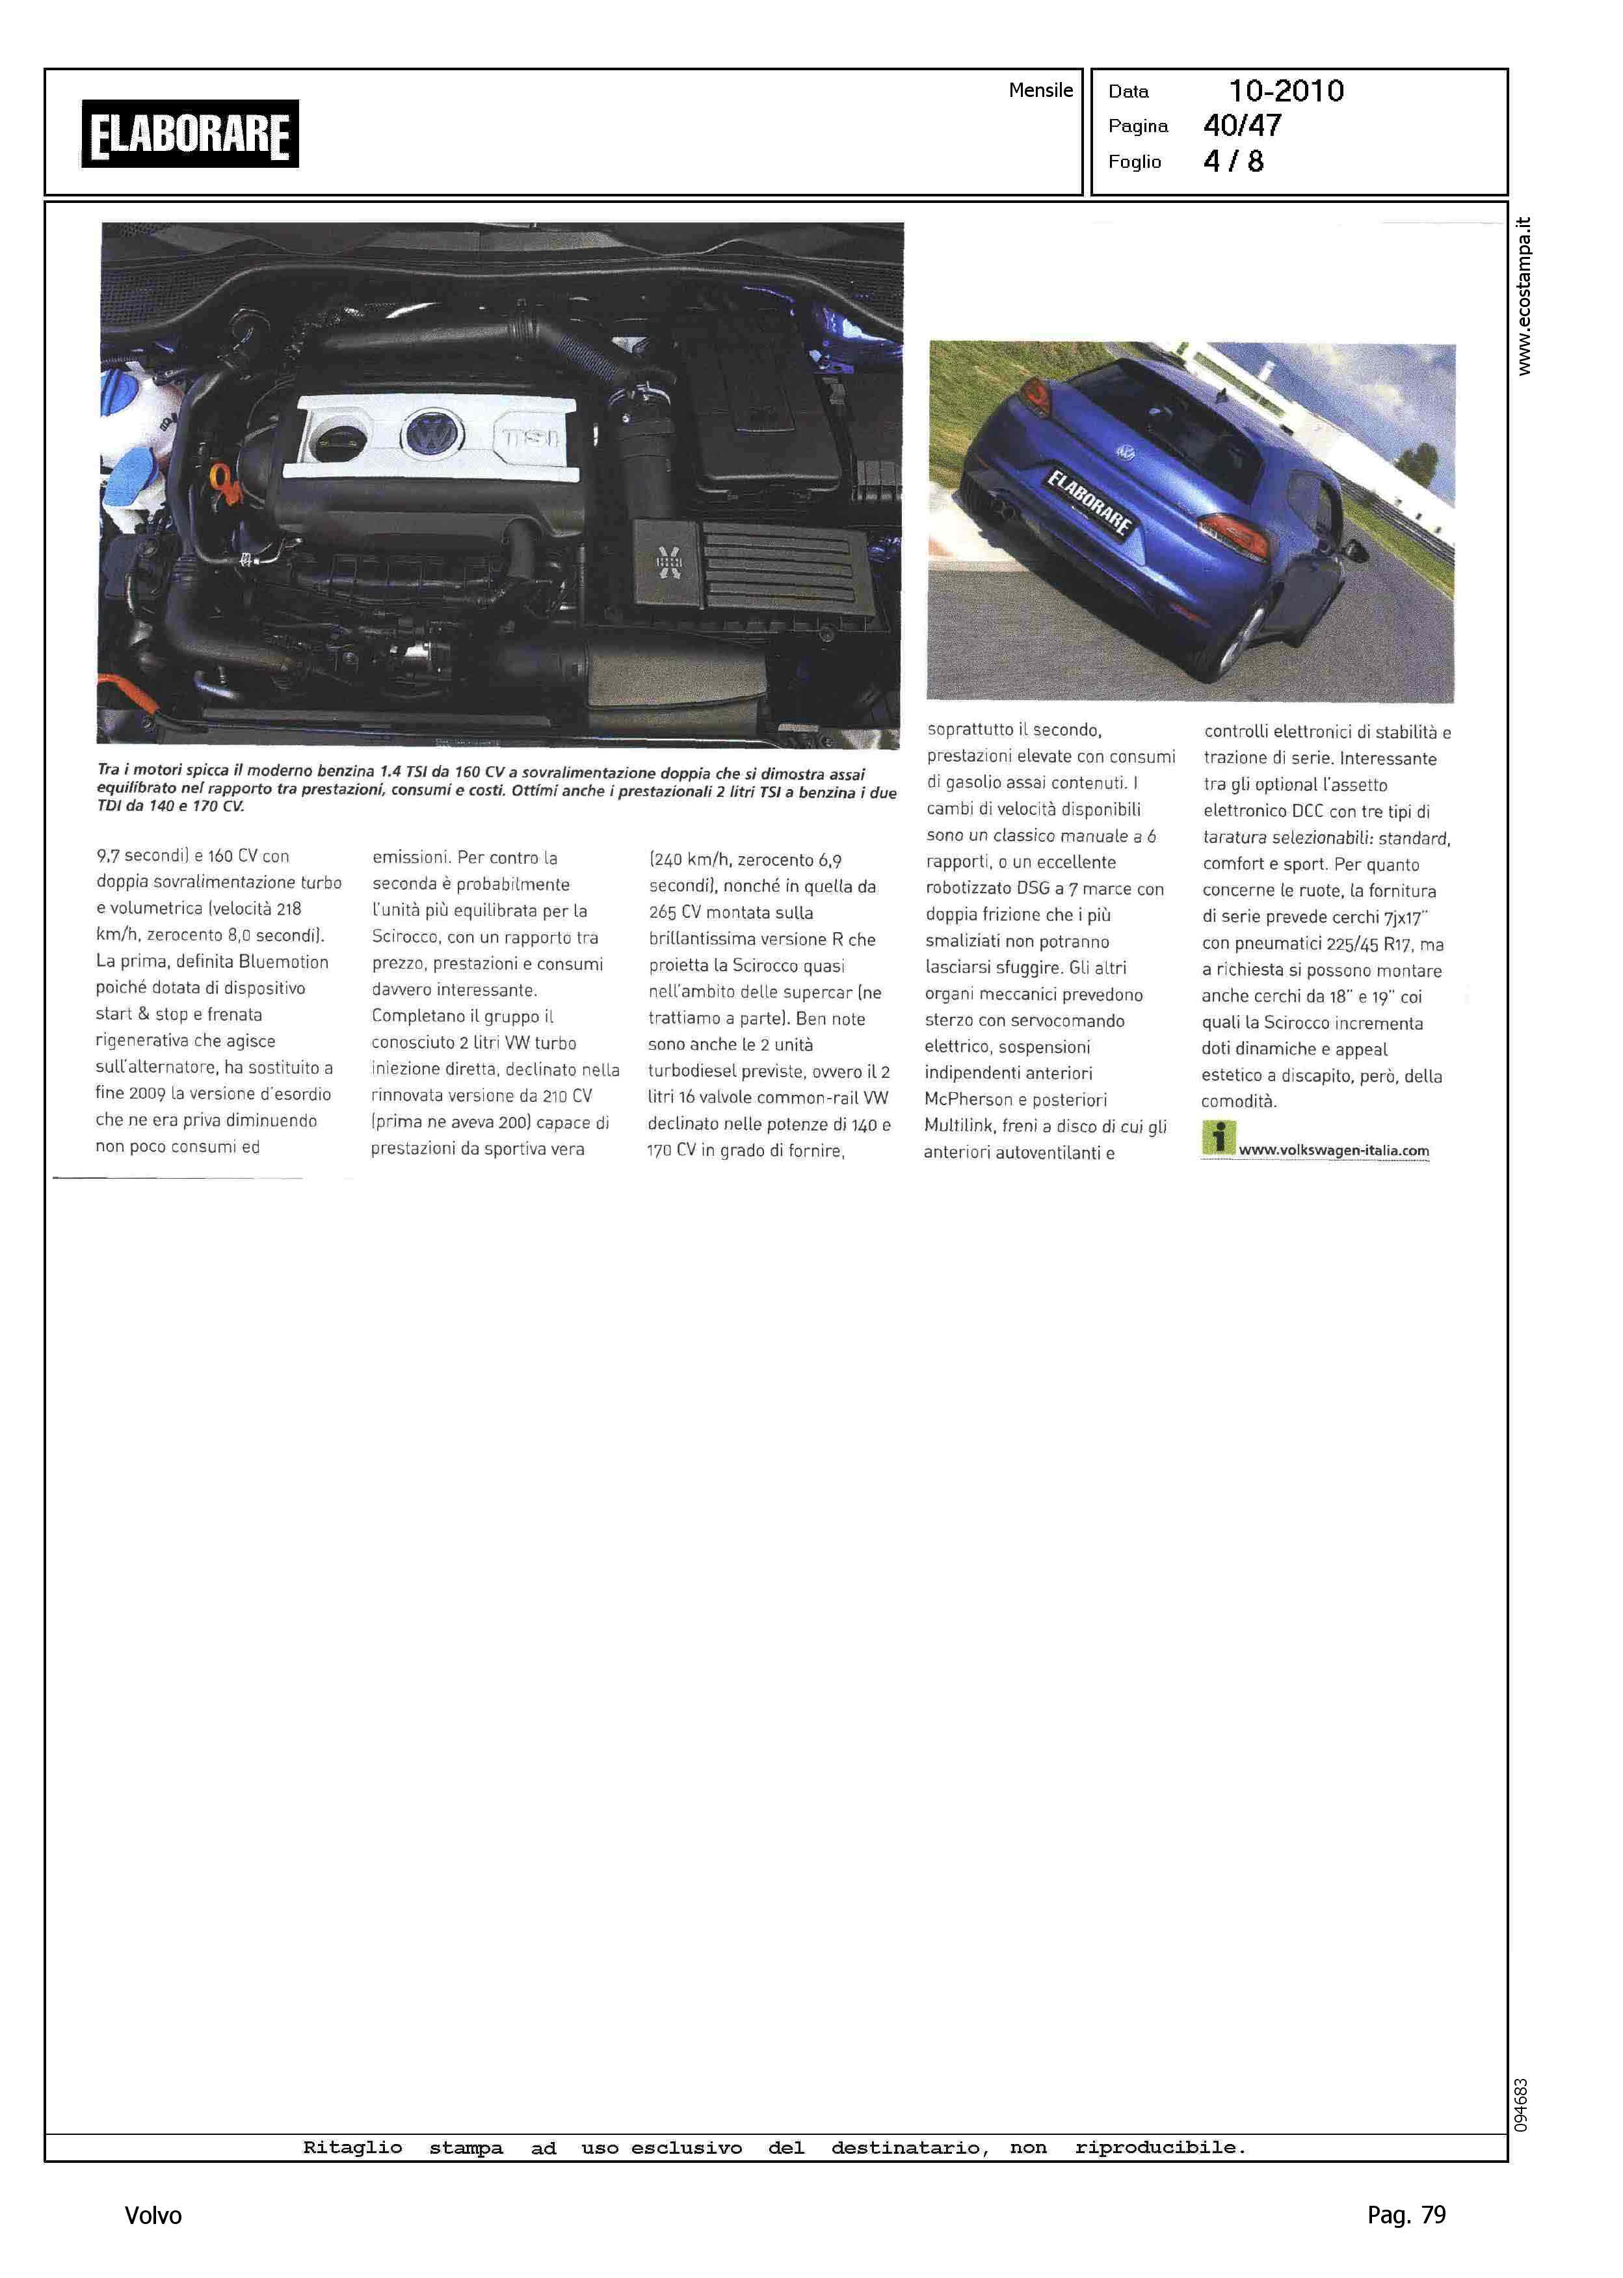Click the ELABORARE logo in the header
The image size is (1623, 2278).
click(190, 134)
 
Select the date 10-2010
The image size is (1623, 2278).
click(1286, 91)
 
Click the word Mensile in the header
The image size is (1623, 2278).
click(1040, 90)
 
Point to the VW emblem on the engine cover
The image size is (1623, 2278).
click(432, 435)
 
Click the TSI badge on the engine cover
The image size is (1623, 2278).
click(531, 437)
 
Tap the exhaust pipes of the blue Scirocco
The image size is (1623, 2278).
click(1003, 514)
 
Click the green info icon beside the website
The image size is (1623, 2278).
click(1219, 1138)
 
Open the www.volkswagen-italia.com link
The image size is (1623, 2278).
click(1333, 1151)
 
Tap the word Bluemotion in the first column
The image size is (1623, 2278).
click(283, 961)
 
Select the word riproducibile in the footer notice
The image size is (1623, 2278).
click(1160, 2147)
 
